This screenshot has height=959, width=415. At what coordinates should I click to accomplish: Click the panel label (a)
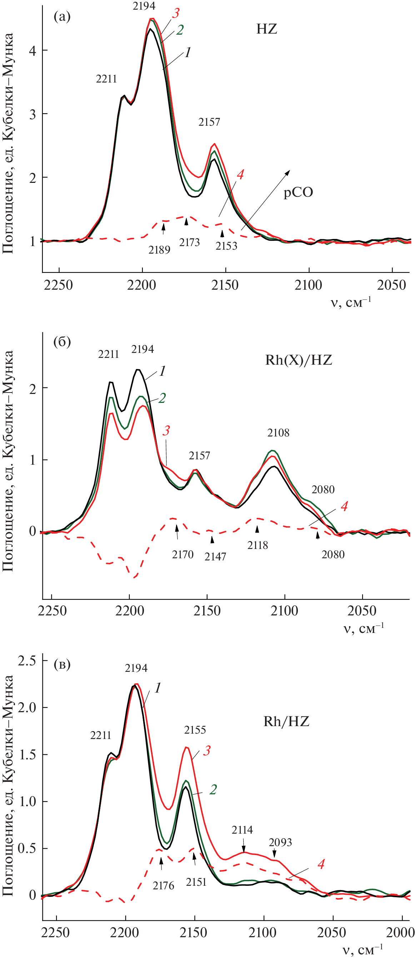click(x=62, y=17)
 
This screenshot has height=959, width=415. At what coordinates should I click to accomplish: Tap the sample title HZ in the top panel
click(x=266, y=29)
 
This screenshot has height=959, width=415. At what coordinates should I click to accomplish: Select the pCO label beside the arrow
click(x=298, y=193)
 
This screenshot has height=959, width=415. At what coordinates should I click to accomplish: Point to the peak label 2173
click(x=189, y=243)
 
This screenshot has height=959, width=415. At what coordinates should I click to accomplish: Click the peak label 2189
click(x=159, y=250)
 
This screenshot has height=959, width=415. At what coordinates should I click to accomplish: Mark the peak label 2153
click(x=226, y=246)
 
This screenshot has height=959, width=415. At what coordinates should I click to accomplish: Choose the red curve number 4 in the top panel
click(x=240, y=174)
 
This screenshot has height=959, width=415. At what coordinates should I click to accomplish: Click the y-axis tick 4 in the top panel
click(x=33, y=51)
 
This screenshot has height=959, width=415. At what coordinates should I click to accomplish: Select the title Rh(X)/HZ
click(x=299, y=360)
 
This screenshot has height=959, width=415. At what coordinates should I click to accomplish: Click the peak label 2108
click(x=278, y=433)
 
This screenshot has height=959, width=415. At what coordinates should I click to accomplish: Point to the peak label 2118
click(x=257, y=545)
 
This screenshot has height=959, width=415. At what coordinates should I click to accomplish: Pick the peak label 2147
click(x=215, y=556)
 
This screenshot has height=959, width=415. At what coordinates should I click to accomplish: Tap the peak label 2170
click(x=183, y=554)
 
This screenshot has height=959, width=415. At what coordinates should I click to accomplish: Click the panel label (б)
click(x=62, y=342)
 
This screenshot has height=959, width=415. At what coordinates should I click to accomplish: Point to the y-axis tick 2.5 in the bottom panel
click(x=27, y=660)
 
